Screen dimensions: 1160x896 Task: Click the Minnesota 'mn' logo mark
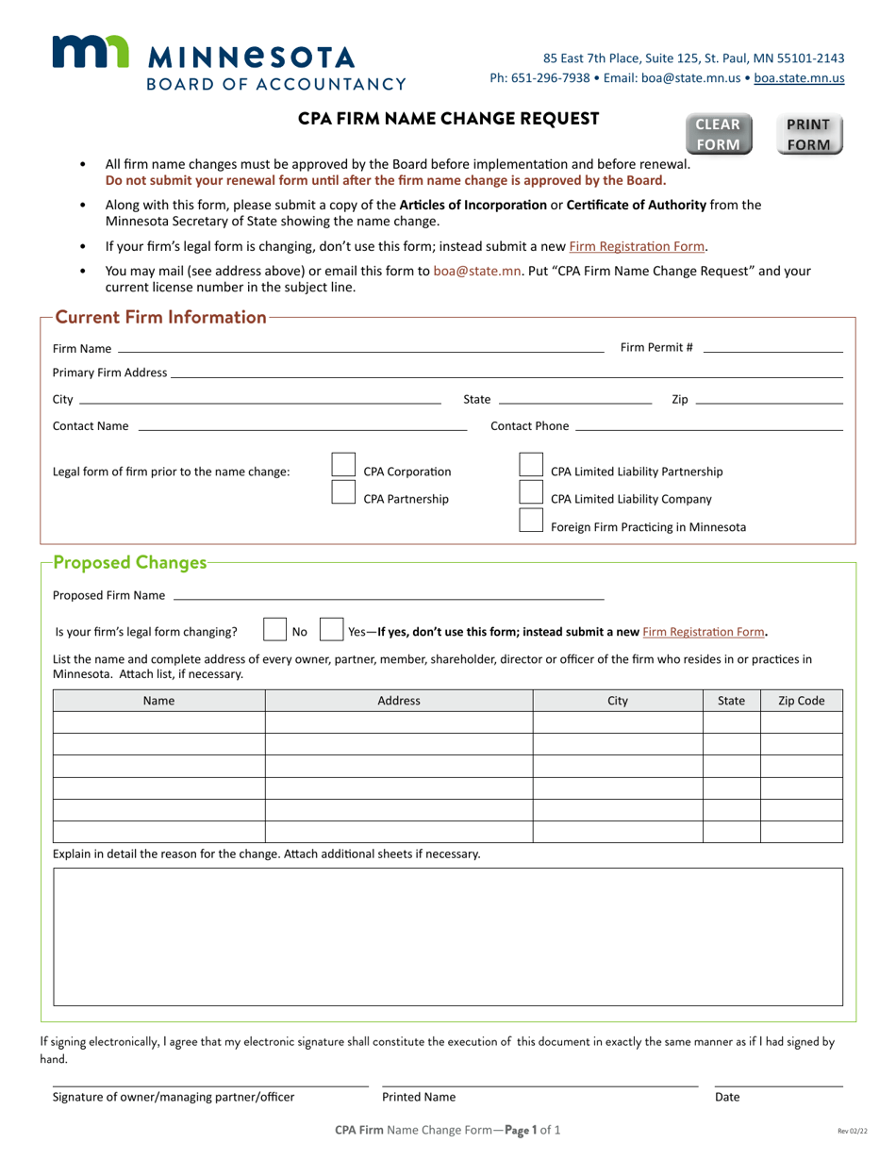[x=90, y=53]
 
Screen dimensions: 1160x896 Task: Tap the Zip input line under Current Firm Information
[x=768, y=399]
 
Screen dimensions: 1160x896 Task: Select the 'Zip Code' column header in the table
[x=801, y=701]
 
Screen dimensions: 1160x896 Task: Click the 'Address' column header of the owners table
[x=399, y=701]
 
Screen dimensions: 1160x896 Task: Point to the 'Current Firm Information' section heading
[x=161, y=318]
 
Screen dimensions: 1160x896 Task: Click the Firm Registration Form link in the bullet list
[x=637, y=246]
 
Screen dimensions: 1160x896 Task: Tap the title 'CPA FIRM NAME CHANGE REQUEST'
[x=449, y=119]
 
